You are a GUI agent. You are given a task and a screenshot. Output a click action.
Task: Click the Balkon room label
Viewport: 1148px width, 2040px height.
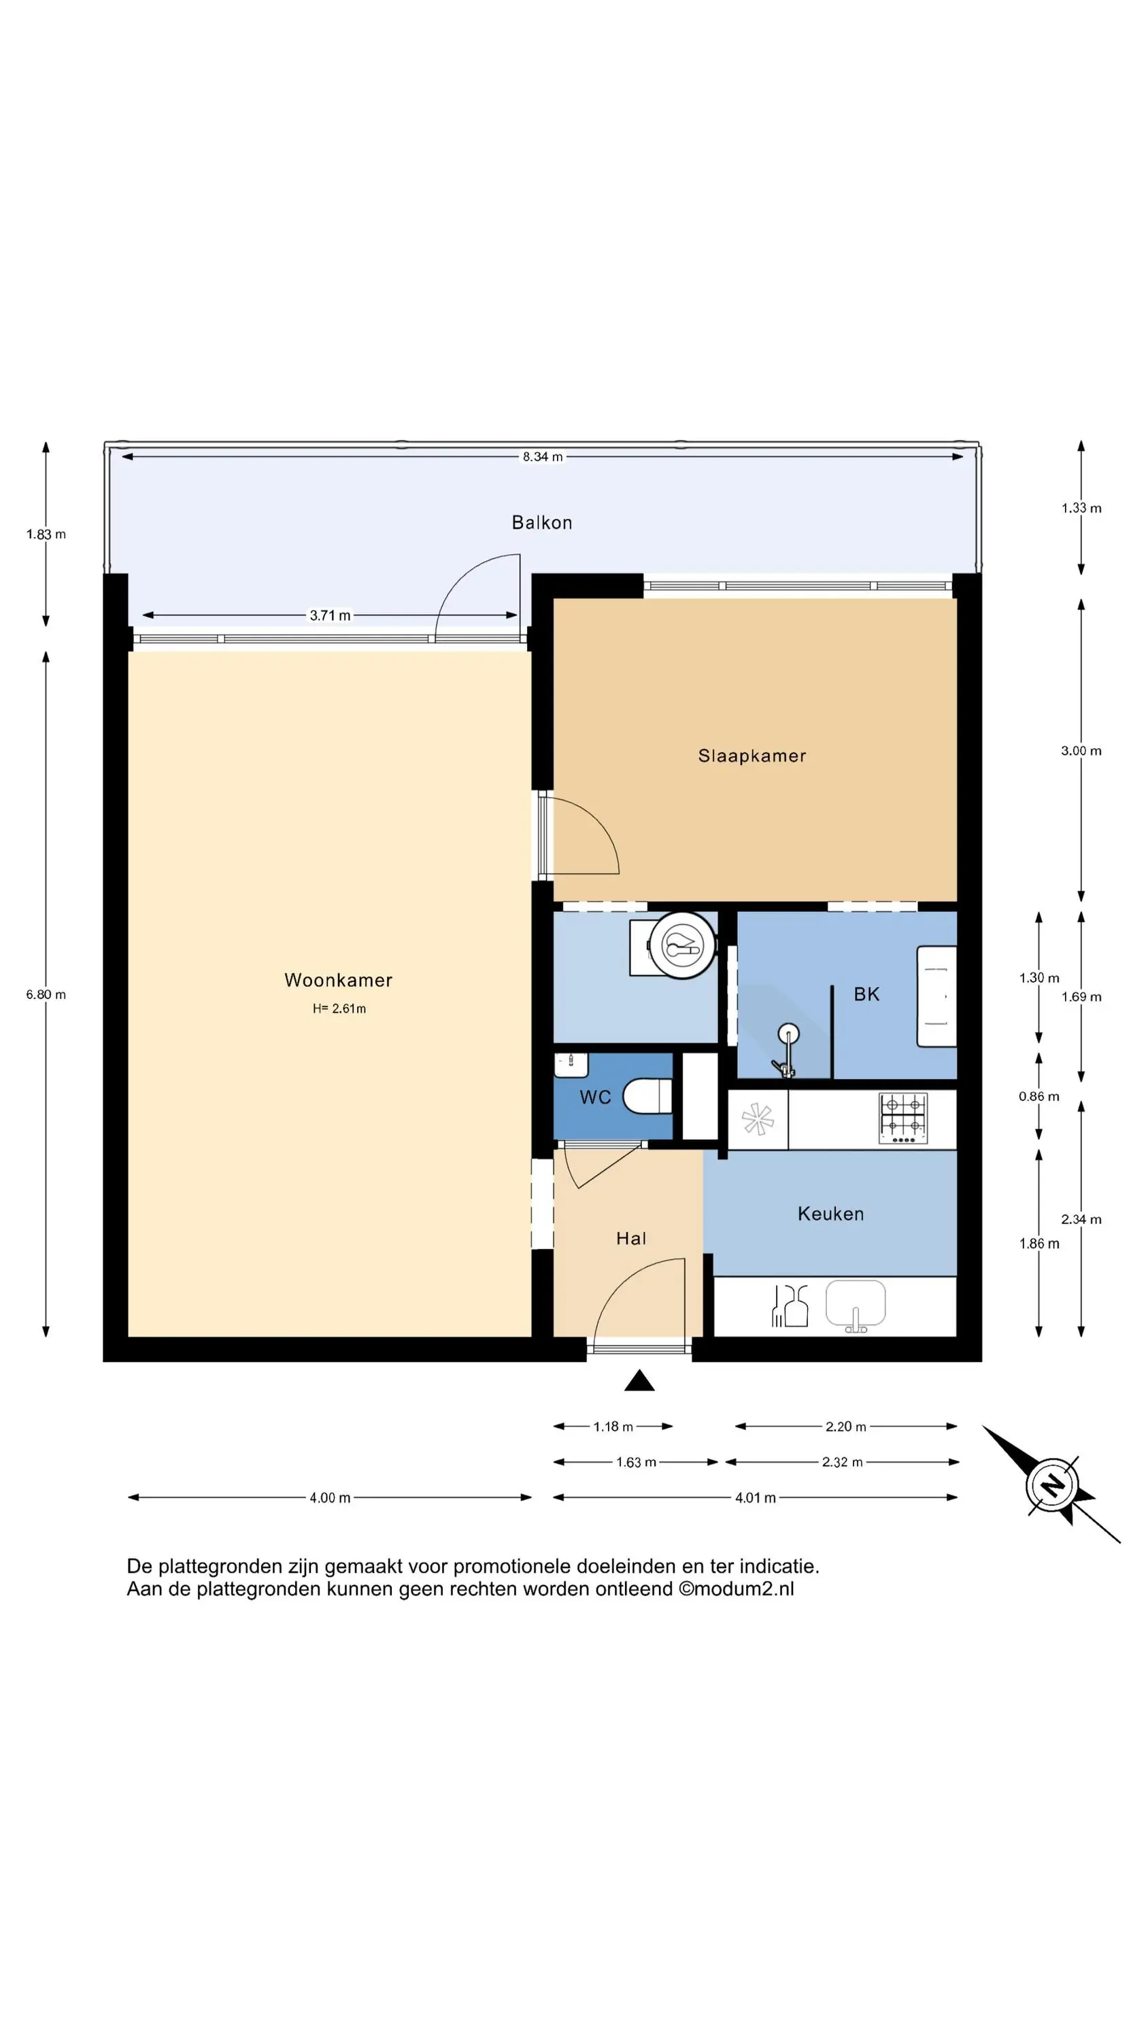click(542, 523)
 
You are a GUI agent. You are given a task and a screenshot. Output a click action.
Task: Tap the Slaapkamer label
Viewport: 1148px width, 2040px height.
click(752, 755)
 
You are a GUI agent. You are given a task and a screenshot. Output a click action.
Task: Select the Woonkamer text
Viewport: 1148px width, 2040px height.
click(338, 980)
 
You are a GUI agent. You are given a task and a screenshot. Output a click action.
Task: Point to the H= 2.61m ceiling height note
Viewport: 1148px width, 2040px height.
click(339, 1008)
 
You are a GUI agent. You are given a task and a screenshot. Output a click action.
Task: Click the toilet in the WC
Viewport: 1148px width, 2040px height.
click(647, 1097)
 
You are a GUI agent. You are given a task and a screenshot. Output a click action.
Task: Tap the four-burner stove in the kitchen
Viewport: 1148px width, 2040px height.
click(903, 1117)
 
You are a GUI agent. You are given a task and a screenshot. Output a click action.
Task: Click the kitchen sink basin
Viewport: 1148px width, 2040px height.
click(856, 1303)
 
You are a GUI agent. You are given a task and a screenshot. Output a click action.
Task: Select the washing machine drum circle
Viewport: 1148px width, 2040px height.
click(682, 946)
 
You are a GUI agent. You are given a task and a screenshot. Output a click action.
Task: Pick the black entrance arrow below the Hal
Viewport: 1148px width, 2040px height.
click(639, 1380)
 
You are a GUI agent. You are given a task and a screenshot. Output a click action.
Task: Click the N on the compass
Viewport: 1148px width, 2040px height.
click(1052, 1483)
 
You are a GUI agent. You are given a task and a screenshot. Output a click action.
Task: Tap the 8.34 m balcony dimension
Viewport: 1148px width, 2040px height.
click(543, 457)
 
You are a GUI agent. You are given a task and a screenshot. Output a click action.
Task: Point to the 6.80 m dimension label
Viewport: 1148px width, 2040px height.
click(46, 995)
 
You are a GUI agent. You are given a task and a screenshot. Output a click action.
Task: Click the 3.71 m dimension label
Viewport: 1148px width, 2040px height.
click(330, 615)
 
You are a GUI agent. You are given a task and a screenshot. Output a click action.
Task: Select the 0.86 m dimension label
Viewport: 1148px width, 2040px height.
click(1039, 1097)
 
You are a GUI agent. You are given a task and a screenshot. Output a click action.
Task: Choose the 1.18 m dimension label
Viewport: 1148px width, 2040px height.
click(613, 1427)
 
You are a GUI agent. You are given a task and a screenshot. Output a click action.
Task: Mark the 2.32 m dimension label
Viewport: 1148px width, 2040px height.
click(842, 1463)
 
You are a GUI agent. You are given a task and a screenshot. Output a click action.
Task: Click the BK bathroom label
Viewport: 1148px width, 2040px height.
click(866, 995)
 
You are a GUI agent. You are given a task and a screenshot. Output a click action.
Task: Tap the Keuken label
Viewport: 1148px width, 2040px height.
click(830, 1214)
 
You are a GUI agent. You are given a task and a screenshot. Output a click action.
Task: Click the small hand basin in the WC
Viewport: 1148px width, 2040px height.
click(571, 1065)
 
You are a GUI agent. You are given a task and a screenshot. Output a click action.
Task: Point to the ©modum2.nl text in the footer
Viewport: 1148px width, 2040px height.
click(736, 1589)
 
